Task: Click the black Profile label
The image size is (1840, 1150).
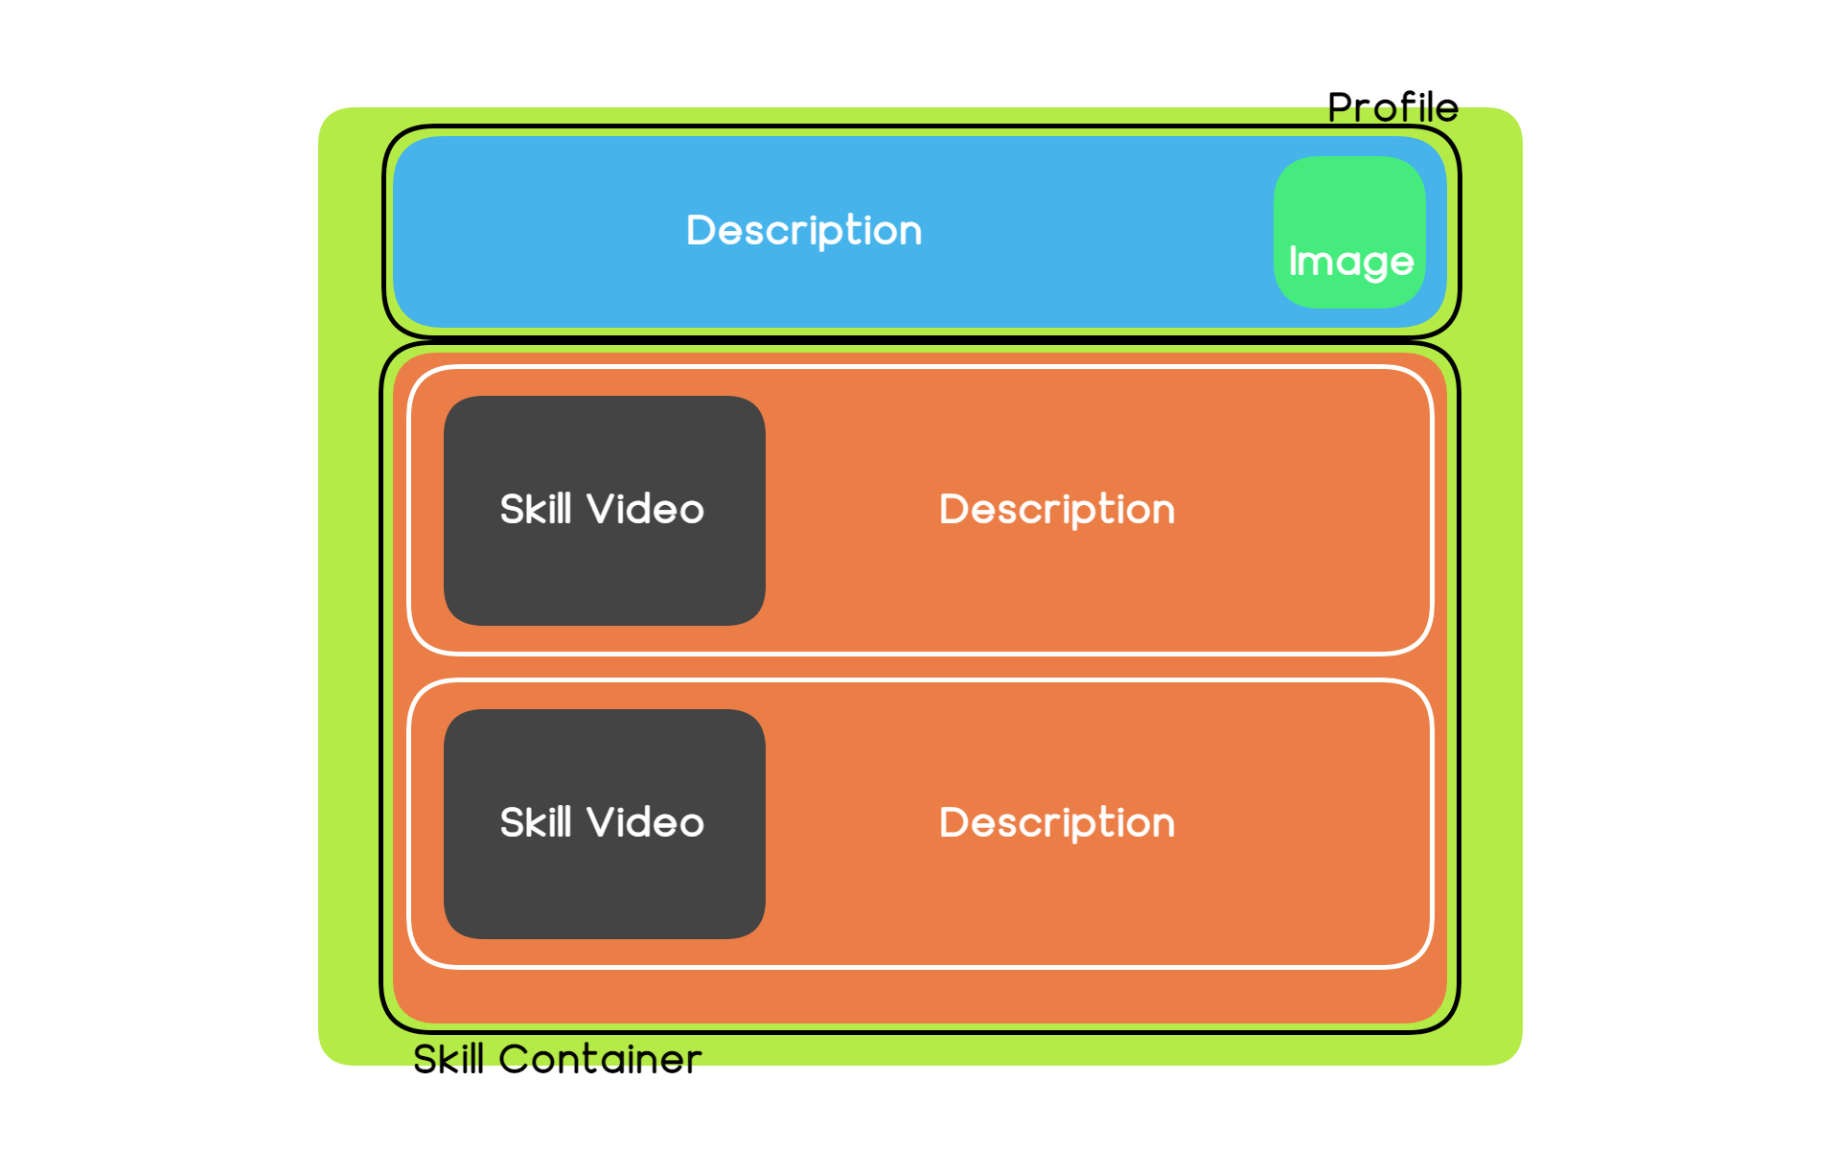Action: tap(1392, 107)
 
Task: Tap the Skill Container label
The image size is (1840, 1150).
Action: tap(558, 1059)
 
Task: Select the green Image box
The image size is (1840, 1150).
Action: tap(1349, 232)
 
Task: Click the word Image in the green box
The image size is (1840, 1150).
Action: tap(1351, 262)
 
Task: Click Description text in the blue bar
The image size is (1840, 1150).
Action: tap(804, 231)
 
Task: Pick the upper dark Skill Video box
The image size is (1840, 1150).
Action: tap(605, 511)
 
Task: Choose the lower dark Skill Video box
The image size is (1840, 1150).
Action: tap(605, 824)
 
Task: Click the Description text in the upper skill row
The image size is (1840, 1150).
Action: tap(1057, 510)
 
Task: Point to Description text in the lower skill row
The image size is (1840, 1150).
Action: tap(1057, 823)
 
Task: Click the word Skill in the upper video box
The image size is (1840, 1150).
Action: tap(536, 509)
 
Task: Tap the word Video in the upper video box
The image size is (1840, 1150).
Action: tap(646, 509)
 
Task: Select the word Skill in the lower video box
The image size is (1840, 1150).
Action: tap(536, 822)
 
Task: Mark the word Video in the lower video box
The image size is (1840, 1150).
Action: tap(646, 822)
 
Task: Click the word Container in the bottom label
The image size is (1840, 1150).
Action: tap(600, 1059)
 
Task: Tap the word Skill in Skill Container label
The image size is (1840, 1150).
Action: tap(448, 1059)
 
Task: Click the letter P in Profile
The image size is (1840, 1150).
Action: tap(1339, 108)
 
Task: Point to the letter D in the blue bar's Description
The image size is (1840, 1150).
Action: tap(701, 230)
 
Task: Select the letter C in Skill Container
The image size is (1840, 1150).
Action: tap(514, 1060)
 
